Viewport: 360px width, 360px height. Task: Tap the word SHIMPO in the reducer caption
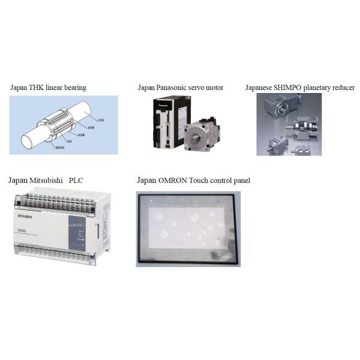(289, 88)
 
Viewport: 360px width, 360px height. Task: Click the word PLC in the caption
(76, 180)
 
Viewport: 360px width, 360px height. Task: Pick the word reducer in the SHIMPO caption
(343, 88)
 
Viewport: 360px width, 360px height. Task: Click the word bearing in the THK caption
(75, 88)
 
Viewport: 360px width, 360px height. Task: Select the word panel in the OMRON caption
(240, 180)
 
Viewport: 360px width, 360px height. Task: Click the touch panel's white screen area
(187, 229)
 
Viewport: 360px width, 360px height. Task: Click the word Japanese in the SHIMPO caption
(259, 88)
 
